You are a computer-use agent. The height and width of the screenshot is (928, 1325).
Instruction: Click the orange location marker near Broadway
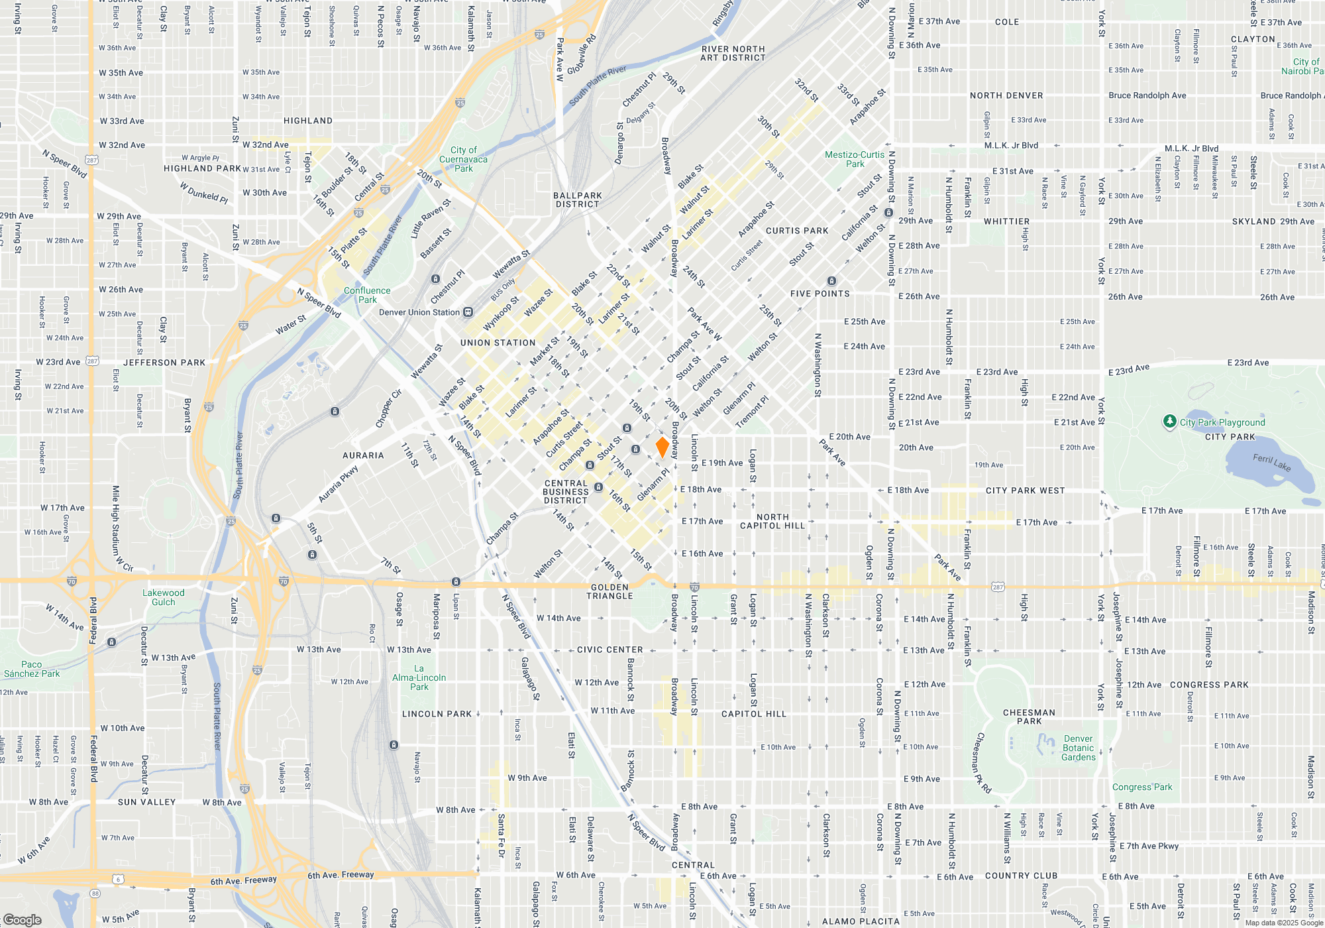[x=662, y=447]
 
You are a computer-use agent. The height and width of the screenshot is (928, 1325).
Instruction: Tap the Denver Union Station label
[x=419, y=312]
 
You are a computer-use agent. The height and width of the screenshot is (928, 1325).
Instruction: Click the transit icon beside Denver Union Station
[x=468, y=312]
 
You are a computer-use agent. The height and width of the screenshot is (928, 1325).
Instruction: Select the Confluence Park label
[x=367, y=295]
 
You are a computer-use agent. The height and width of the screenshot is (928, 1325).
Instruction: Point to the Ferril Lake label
[x=1271, y=462]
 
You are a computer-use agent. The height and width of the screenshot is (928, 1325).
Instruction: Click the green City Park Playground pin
[x=1170, y=422]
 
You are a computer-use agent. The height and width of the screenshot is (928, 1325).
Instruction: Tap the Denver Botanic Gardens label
[x=1079, y=748]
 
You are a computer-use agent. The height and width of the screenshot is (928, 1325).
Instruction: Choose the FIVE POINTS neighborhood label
[x=820, y=294]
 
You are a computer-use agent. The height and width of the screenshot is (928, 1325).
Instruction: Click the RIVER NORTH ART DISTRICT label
[x=733, y=54]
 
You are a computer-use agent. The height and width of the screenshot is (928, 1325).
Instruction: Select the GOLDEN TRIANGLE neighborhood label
[x=609, y=592]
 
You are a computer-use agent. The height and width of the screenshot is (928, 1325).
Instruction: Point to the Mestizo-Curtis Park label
[x=855, y=159]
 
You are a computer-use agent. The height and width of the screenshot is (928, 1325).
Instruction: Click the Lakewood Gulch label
[x=164, y=597]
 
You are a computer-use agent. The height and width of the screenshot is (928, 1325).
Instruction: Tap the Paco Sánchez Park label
[x=32, y=669]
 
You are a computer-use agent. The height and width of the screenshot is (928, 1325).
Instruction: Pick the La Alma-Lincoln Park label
[x=419, y=677]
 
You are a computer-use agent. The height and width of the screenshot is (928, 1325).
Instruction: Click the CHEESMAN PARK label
[x=1029, y=717]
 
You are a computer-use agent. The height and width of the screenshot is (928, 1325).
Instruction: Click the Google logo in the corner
[x=22, y=919]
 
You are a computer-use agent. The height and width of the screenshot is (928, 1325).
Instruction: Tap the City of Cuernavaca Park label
[x=463, y=159]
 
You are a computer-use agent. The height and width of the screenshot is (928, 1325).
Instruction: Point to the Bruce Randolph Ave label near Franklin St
[x=1147, y=95]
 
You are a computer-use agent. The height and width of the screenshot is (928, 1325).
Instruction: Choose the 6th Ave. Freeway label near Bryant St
[x=243, y=880]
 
